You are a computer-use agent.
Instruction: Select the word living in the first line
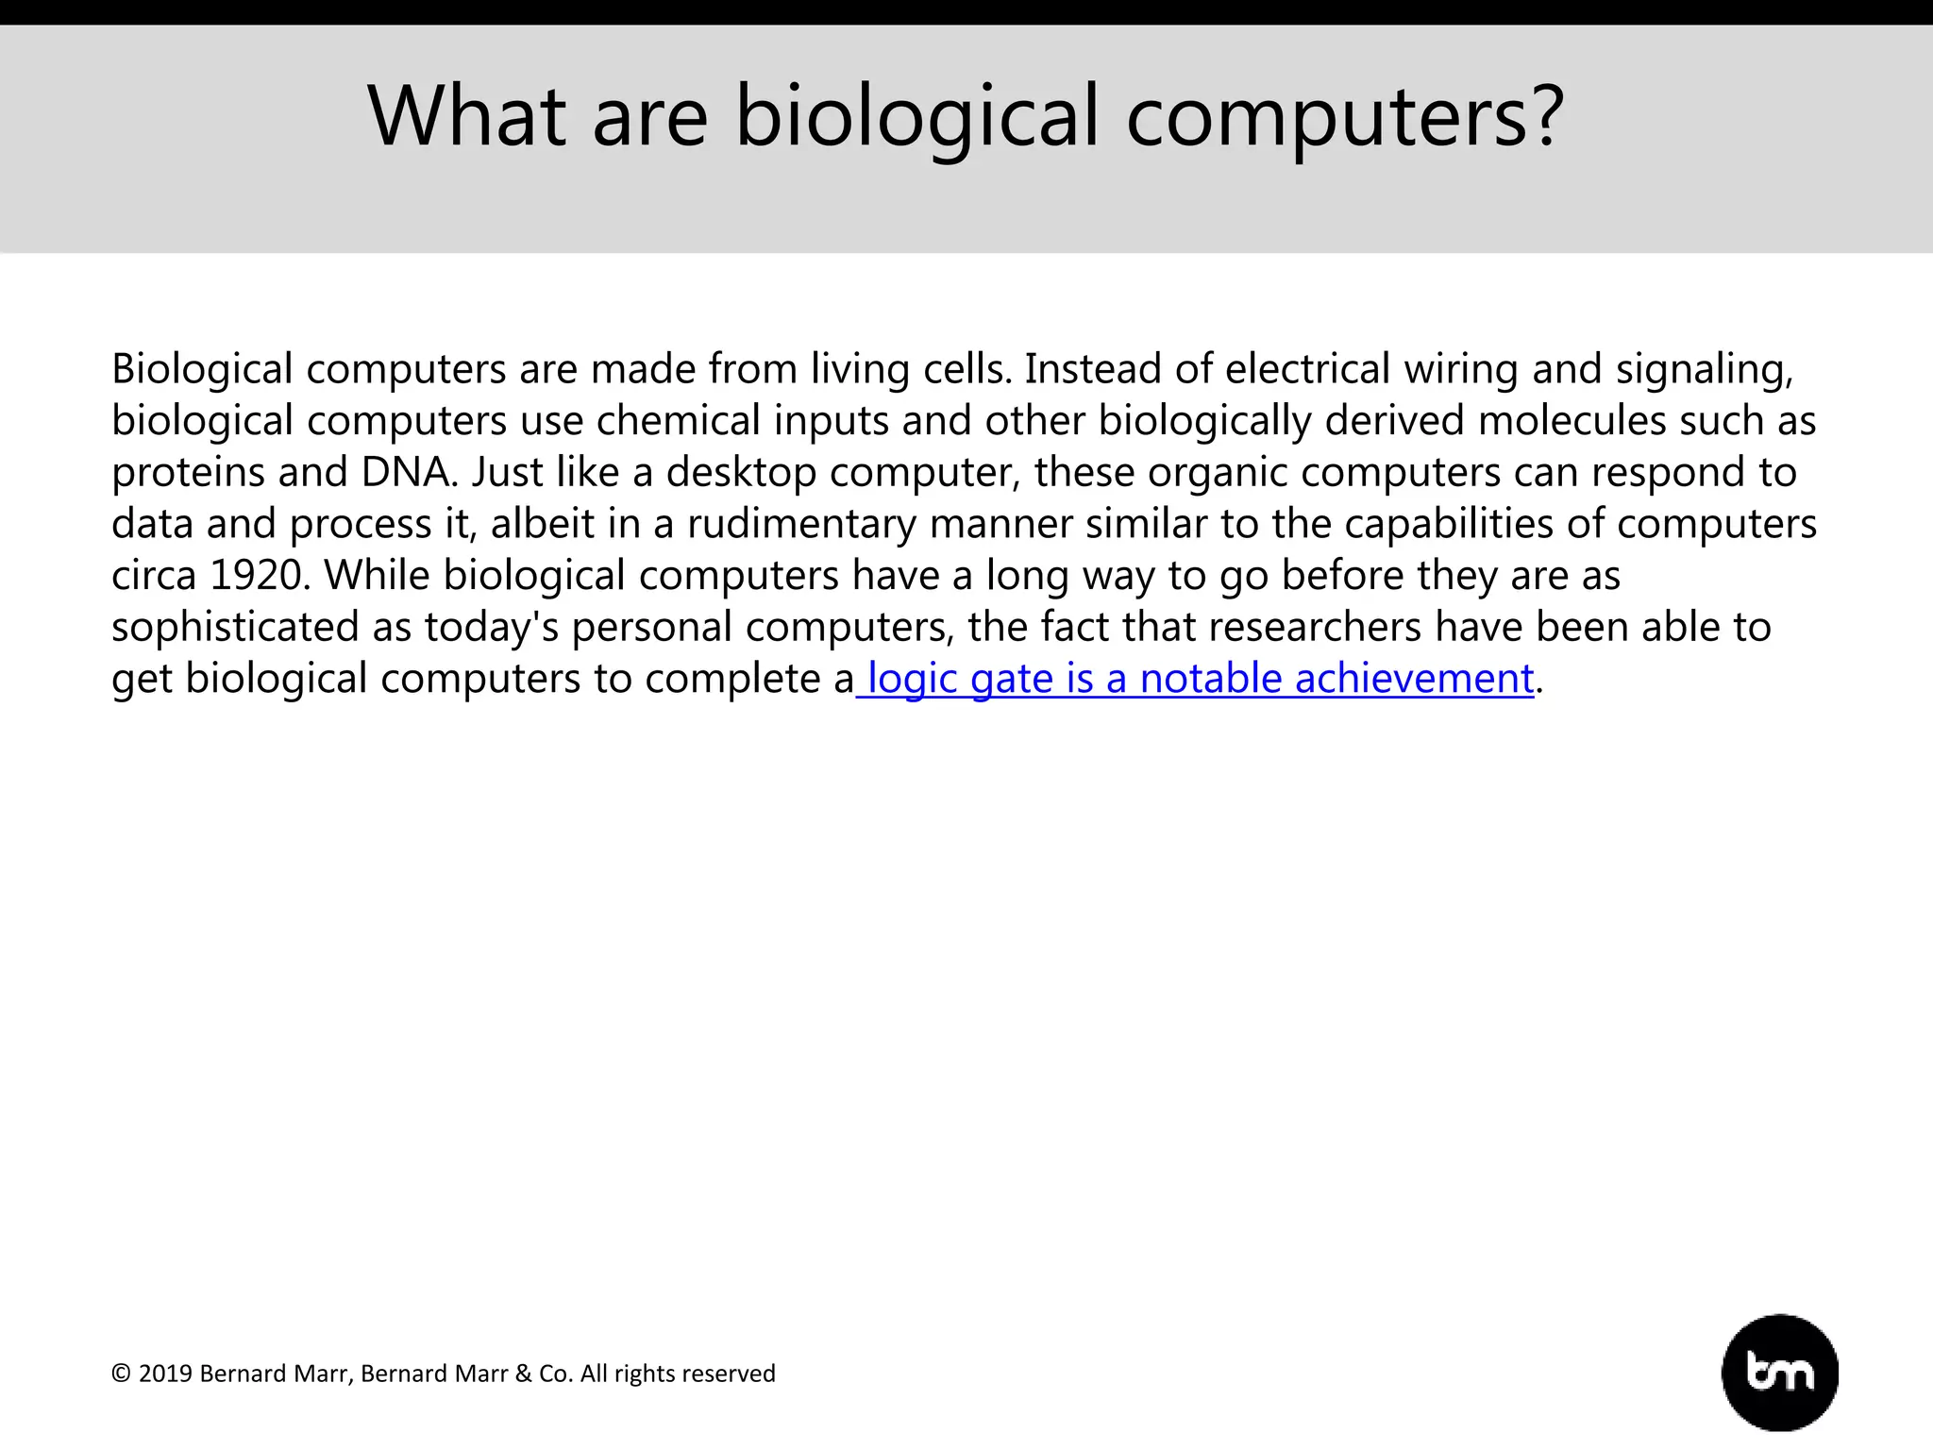[860, 369]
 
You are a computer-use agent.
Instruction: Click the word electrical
[1307, 369]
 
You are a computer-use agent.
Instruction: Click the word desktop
[741, 473]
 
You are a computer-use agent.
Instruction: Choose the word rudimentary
[801, 525]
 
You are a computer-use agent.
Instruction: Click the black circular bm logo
[1779, 1373]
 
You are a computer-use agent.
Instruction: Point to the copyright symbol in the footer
[121, 1374]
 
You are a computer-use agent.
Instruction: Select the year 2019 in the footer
[165, 1374]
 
